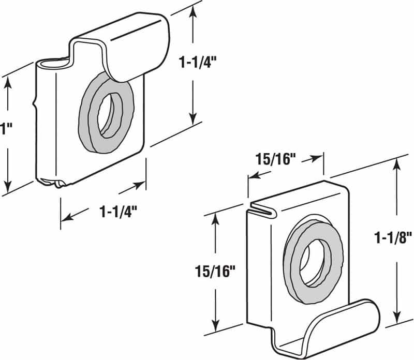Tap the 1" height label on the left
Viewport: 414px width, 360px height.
tap(4, 128)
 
